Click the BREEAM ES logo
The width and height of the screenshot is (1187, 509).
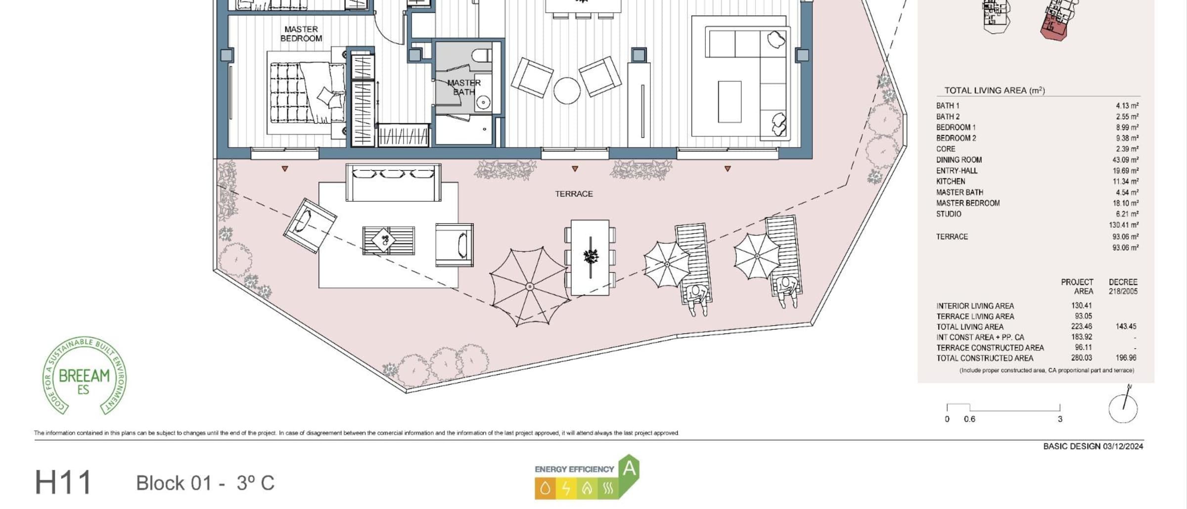tap(84, 376)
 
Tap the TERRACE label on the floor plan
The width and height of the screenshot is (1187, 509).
tap(574, 194)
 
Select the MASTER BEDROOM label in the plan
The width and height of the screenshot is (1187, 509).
tap(301, 34)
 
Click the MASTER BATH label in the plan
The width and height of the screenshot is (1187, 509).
tap(464, 87)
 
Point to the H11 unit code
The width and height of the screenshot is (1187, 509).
tap(63, 482)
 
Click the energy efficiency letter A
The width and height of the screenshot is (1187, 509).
tap(629, 467)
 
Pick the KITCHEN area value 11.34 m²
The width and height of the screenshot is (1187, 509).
tap(1126, 182)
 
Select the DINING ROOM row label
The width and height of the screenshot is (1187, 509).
tap(959, 160)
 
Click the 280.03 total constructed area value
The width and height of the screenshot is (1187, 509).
tap(1082, 358)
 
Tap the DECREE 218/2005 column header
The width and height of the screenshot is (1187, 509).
tap(1123, 286)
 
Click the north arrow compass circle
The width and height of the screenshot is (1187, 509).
tap(1123, 409)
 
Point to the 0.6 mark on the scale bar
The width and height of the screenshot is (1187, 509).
tap(969, 419)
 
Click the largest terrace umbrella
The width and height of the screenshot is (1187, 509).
tap(529, 286)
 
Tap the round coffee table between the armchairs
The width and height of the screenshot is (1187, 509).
tap(567, 91)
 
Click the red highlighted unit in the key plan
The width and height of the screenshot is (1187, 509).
tap(1053, 27)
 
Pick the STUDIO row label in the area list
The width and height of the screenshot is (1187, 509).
tap(949, 214)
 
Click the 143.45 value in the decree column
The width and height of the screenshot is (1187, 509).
tap(1126, 326)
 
